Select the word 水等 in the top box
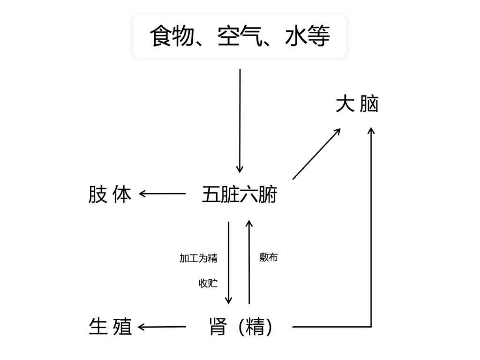(x=307, y=36)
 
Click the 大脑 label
(x=357, y=105)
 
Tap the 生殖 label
(x=110, y=327)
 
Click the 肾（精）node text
(x=240, y=327)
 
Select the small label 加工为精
(x=198, y=258)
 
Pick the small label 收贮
(x=208, y=284)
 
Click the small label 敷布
(x=269, y=257)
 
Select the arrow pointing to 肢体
(x=162, y=194)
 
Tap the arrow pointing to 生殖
(x=162, y=327)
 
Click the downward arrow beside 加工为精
(x=229, y=262)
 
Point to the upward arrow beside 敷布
(x=249, y=262)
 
